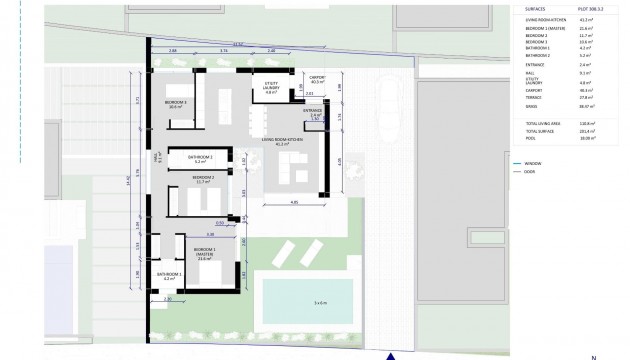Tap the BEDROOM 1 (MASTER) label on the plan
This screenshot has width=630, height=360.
click(x=206, y=250)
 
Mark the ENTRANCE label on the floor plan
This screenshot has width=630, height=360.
click(x=313, y=112)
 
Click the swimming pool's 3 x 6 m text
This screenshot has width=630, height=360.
click(x=320, y=301)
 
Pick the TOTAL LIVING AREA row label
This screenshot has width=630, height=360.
click(x=544, y=123)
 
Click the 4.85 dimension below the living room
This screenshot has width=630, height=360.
click(x=294, y=202)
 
